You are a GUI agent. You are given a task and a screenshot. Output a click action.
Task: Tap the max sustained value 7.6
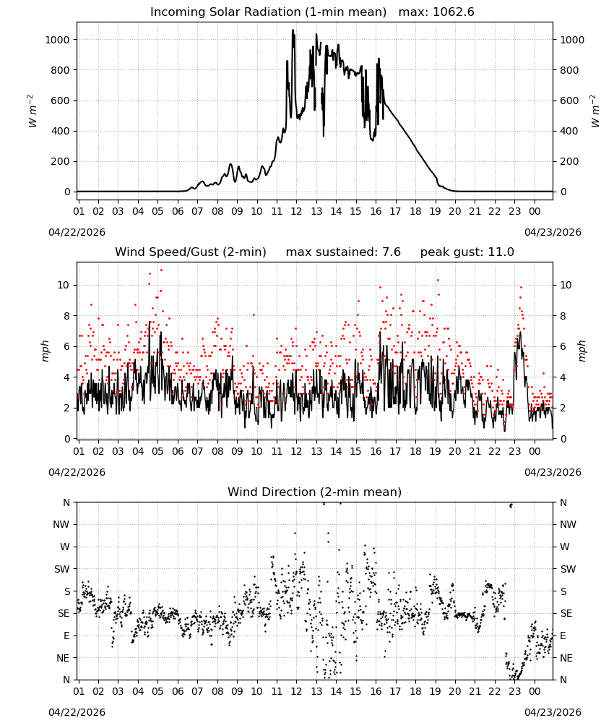[392, 252]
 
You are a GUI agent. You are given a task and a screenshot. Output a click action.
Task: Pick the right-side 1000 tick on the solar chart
[572, 40]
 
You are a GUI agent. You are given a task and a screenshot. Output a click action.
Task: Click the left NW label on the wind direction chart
[61, 524]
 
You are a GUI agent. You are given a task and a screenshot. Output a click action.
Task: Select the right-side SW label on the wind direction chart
[568, 569]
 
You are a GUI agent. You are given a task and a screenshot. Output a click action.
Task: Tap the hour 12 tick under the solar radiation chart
[296, 211]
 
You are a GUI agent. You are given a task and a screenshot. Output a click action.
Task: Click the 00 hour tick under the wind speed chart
[535, 451]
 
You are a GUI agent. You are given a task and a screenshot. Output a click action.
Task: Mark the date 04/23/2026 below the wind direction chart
[553, 712]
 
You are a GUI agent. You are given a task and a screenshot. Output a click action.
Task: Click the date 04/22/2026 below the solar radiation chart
[77, 232]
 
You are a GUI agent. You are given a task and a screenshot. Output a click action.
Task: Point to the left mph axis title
[45, 351]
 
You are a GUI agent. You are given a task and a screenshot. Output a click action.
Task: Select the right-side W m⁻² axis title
[594, 111]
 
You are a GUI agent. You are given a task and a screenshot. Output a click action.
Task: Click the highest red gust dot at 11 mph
[161, 270]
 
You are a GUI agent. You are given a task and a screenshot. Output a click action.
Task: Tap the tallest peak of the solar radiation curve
[293, 30]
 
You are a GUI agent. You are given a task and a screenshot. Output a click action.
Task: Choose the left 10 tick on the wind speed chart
[64, 285]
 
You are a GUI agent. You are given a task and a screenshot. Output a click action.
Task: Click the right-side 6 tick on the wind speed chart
[563, 346]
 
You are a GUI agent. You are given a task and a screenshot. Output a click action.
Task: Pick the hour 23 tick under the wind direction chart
[514, 692]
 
